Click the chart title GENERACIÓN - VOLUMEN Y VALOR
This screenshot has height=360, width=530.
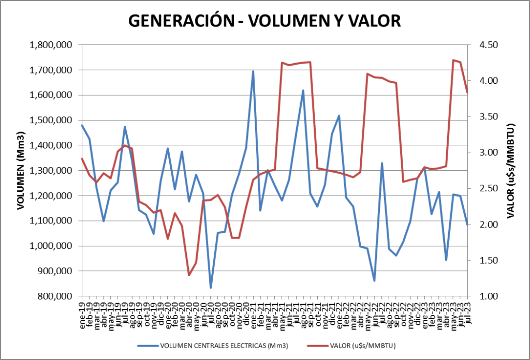pyautogui.click(x=264, y=21)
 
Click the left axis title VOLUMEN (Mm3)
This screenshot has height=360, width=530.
pyautogui.click(x=21, y=171)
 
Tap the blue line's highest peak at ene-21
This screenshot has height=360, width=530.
pyautogui.click(x=253, y=71)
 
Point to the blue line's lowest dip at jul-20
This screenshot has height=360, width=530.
pyautogui.click(x=211, y=288)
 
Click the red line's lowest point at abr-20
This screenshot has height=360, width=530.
pyautogui.click(x=189, y=275)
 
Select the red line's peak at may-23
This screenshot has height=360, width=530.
pyautogui.click(x=453, y=60)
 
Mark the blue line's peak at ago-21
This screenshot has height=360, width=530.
pyautogui.click(x=303, y=91)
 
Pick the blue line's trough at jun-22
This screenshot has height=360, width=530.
pyautogui.click(x=374, y=281)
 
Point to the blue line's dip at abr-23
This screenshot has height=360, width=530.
pyautogui.click(x=446, y=260)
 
